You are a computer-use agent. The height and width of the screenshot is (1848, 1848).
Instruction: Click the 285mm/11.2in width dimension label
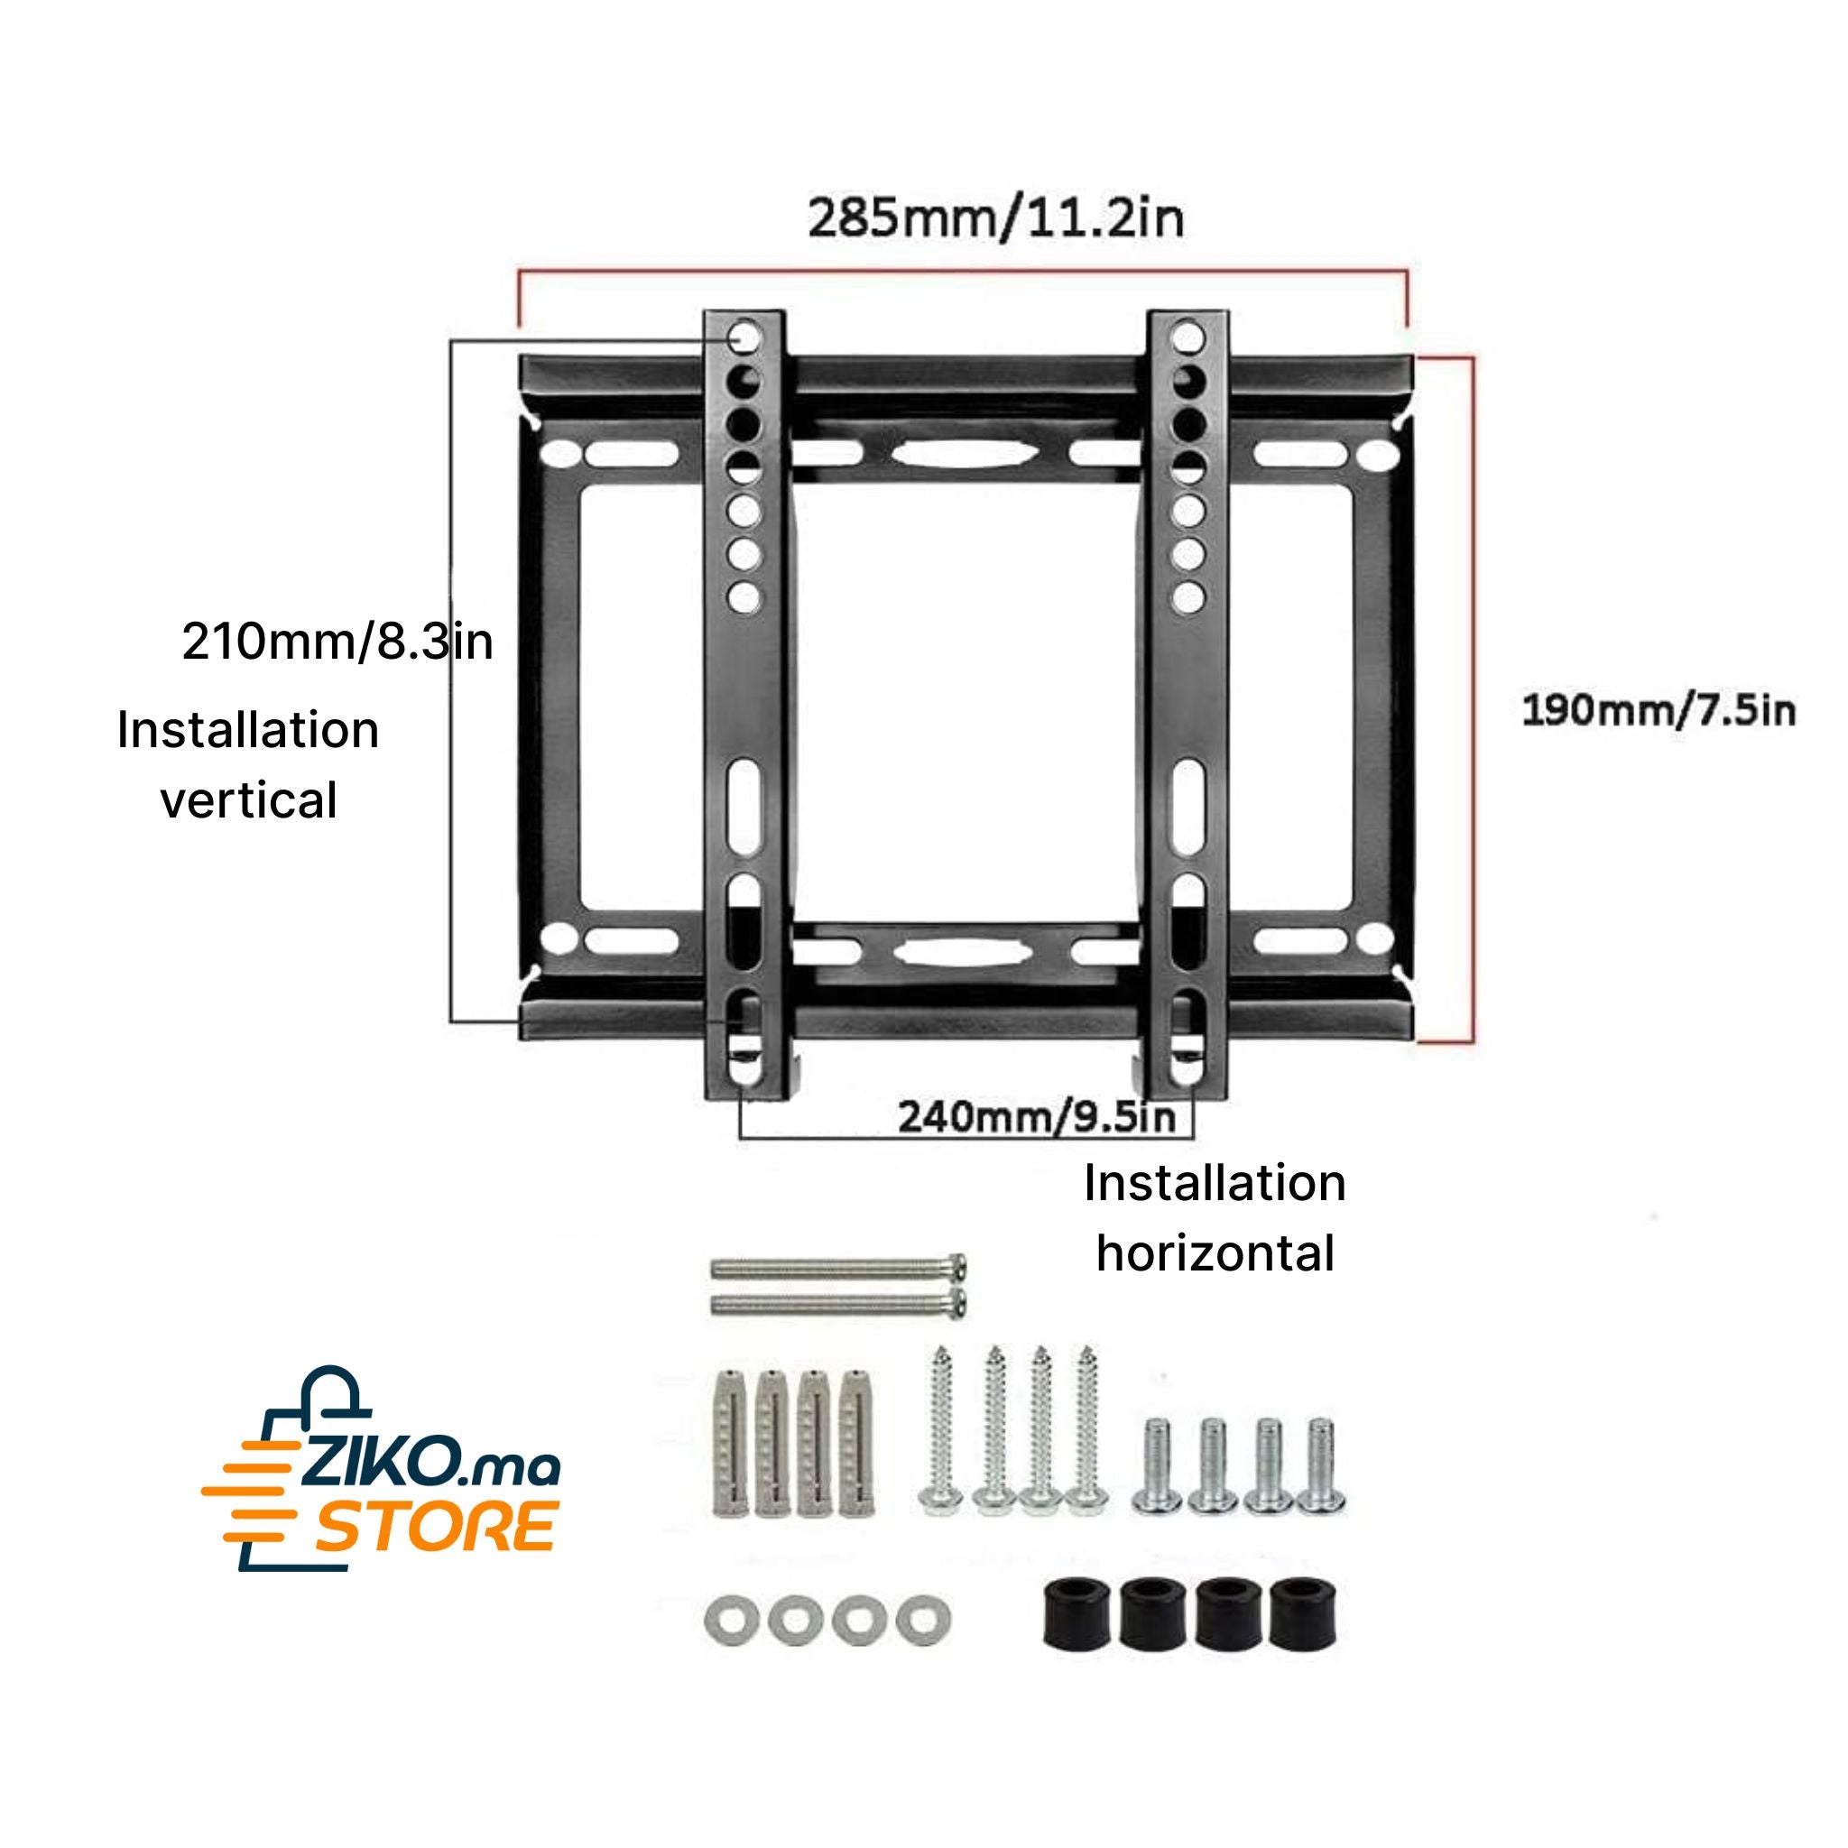pyautogui.click(x=996, y=218)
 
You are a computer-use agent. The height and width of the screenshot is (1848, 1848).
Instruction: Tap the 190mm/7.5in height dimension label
pyautogui.click(x=1659, y=711)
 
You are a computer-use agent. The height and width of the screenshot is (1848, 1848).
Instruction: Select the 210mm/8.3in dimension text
pyautogui.click(x=337, y=641)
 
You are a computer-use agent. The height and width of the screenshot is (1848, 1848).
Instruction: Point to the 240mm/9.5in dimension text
pyautogui.click(x=1037, y=1116)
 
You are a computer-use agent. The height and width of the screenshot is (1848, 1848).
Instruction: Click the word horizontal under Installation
pyautogui.click(x=1215, y=1253)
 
